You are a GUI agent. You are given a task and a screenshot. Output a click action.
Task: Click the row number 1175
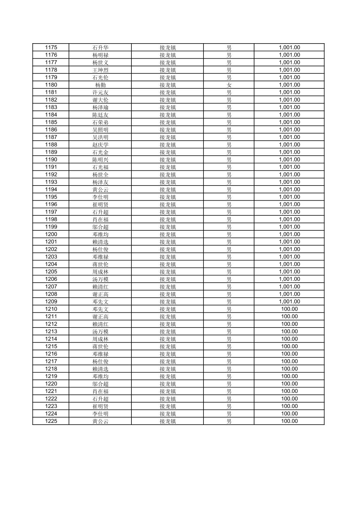coord(51,48)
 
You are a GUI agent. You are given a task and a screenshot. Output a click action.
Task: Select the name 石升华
coord(100,48)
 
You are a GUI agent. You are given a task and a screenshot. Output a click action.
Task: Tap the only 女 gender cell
coord(229,85)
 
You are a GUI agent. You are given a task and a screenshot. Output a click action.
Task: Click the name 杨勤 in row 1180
coord(100,85)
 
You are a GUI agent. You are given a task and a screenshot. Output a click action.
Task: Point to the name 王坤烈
coord(100,70)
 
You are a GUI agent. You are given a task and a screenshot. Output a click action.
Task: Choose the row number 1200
coord(51,234)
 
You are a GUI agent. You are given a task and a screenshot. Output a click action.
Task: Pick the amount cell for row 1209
coord(289,302)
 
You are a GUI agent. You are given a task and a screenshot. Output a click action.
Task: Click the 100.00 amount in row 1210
coord(289,309)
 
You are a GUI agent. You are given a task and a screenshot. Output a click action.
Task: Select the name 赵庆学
coord(100,145)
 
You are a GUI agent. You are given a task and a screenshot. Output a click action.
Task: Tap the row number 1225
coord(51,421)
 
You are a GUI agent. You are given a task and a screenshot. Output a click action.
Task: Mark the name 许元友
coord(100,92)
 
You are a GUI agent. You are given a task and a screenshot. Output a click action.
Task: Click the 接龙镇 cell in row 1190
coord(168,160)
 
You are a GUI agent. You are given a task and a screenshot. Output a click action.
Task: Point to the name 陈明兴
coord(100,160)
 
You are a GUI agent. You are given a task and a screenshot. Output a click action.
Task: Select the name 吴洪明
coord(100,137)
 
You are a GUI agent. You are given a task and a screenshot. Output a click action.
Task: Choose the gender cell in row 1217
coord(229,361)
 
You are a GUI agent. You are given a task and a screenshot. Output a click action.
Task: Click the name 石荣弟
coord(100,122)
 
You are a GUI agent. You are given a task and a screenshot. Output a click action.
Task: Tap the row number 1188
coord(51,145)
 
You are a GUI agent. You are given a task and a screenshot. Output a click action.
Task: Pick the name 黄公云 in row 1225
coord(100,421)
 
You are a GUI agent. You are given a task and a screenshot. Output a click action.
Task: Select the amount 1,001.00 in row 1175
coord(289,48)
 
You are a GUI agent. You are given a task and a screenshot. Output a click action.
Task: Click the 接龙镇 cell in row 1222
coord(168,399)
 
